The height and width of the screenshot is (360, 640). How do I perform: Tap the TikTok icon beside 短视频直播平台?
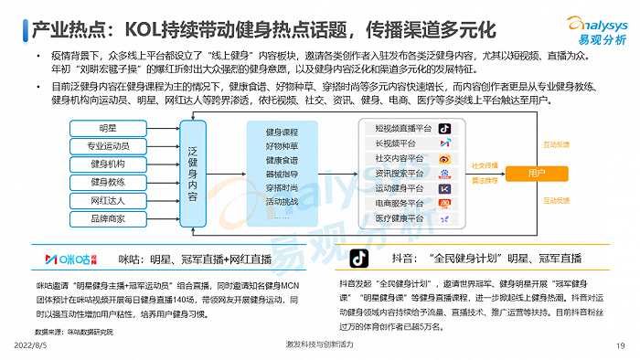(x=444, y=129)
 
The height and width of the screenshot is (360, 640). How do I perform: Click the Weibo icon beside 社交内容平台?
(x=444, y=158)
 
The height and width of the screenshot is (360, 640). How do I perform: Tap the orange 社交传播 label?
(x=484, y=165)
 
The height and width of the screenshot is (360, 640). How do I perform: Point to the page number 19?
(x=621, y=345)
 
